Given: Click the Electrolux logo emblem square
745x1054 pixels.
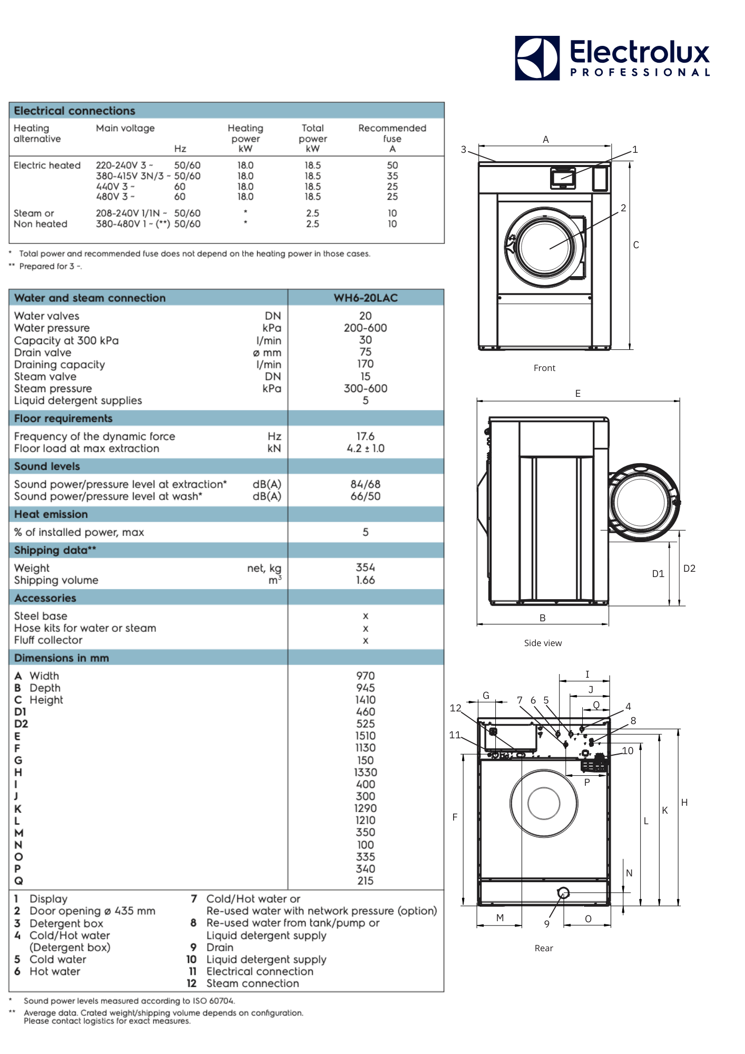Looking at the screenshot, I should tap(537, 58).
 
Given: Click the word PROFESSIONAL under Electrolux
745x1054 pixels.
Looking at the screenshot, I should tap(640, 73).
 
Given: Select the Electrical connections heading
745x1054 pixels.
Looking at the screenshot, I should tap(75, 111).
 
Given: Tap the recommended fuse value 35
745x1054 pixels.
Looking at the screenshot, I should tap(392, 176).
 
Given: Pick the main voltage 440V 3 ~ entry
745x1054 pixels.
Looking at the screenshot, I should tap(115, 187).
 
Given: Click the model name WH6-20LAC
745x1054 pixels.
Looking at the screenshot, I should tap(366, 298).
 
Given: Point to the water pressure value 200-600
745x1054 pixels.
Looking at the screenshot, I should tap(365, 328).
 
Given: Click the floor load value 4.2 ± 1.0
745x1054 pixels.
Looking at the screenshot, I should tap(365, 448).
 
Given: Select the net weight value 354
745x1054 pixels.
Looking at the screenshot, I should tap(365, 568).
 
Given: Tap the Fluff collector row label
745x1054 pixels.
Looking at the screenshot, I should tap(48, 640).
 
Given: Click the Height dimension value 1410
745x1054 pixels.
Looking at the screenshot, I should tap(365, 700).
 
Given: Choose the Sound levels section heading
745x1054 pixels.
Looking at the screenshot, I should tap(47, 466).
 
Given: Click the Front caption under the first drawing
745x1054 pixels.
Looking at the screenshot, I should tap(544, 368).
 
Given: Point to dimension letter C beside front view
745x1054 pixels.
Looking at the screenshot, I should tap(636, 245).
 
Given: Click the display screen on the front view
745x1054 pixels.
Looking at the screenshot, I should tap(563, 177).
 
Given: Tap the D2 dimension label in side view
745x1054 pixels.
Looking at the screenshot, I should tap(689, 569).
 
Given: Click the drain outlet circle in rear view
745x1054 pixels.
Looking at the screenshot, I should tap(563, 893).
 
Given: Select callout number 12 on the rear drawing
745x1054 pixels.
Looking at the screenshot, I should tap(455, 708).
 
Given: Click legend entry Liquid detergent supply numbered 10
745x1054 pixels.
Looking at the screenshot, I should tap(266, 960).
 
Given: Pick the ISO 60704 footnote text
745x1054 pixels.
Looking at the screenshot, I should tap(129, 1001).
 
